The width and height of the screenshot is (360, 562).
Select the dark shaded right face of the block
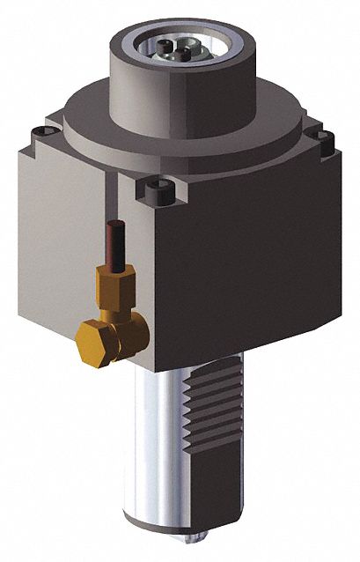[x=264, y=264]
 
